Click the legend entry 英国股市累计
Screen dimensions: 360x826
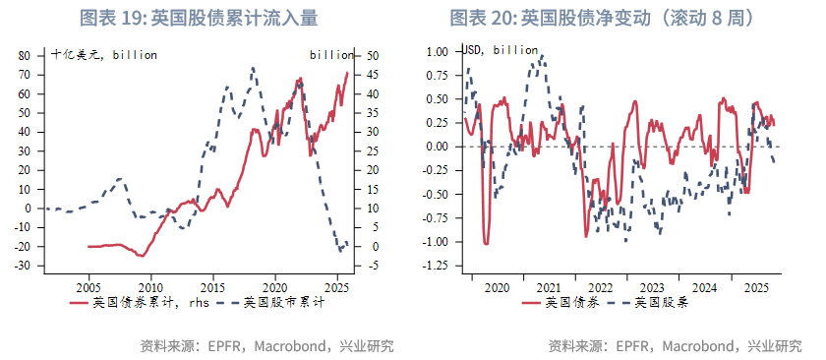pyautogui.click(x=284, y=303)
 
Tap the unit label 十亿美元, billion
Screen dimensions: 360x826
pyautogui.click(x=103, y=55)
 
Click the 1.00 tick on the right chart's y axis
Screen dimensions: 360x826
pyautogui.click(x=436, y=51)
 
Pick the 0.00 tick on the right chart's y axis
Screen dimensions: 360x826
pyautogui.click(x=436, y=147)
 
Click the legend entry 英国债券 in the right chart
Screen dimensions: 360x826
pyautogui.click(x=570, y=302)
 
